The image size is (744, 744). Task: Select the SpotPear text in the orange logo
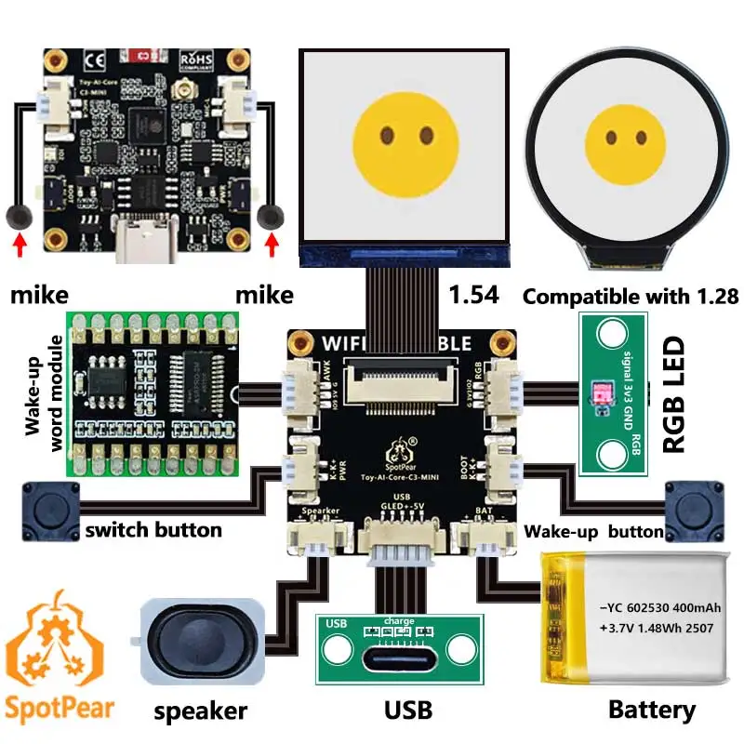60,706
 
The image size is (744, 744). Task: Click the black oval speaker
202,641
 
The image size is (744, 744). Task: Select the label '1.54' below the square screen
474,296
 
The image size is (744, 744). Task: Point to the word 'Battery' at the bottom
651,711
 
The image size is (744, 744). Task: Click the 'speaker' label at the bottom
201,711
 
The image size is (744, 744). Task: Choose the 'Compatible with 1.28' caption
631,297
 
